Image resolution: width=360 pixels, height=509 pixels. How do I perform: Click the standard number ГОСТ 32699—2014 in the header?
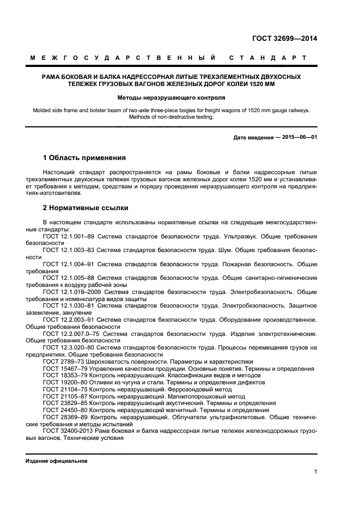pyautogui.click(x=285, y=38)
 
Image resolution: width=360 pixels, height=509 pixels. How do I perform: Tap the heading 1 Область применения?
pyautogui.click(x=84, y=158)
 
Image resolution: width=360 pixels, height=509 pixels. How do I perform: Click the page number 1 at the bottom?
pyautogui.click(x=315, y=473)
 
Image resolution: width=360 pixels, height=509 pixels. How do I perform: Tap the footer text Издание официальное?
pyautogui.click(x=57, y=461)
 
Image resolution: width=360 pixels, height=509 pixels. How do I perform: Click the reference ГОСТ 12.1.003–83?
pyautogui.click(x=69, y=250)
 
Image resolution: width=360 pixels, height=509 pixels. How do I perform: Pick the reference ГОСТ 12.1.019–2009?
pyautogui.click(x=71, y=292)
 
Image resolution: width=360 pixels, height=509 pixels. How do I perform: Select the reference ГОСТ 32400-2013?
pyautogui.click(x=68, y=431)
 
